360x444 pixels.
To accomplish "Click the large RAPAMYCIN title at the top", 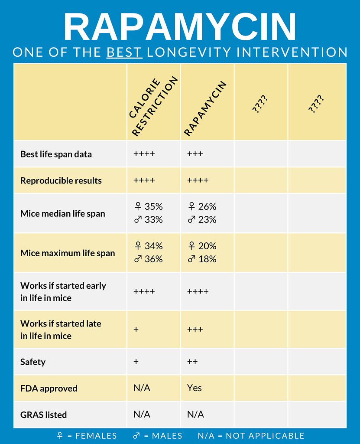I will [x=180, y=26].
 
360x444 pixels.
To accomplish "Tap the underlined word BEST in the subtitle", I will [x=124, y=52].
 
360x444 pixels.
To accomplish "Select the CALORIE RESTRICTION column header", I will [x=153, y=107].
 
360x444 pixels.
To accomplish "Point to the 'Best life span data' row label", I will [x=56, y=154].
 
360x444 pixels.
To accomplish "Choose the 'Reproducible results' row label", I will [x=61, y=181].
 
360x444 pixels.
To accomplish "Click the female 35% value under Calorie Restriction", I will [x=148, y=206].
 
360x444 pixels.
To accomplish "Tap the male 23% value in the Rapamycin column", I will [x=202, y=220].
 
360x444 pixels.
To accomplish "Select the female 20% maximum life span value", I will [x=202, y=246].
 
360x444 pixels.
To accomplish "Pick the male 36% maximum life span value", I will [x=148, y=259].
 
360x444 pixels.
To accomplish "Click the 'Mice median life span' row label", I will [x=63, y=213].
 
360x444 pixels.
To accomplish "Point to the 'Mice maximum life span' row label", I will [x=68, y=253].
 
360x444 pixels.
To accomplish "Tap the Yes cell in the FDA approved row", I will [x=195, y=388].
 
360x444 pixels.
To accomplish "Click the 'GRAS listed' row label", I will [x=44, y=415].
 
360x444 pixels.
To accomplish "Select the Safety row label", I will [x=33, y=362].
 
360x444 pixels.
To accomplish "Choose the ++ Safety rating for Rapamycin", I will [x=192, y=362].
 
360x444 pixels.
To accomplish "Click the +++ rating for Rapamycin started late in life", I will [x=195, y=329].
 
